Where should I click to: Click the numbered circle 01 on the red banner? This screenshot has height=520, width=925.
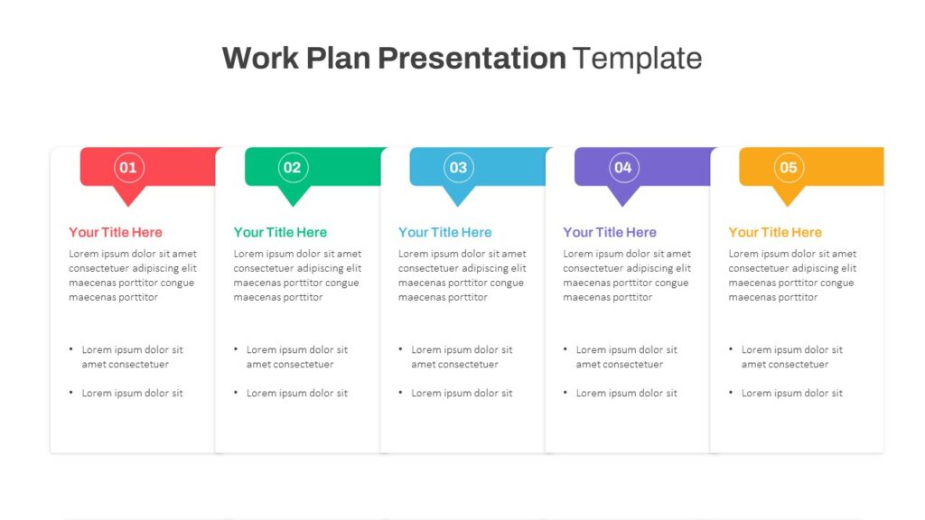pyautogui.click(x=128, y=167)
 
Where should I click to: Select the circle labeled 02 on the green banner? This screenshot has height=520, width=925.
pyautogui.click(x=293, y=167)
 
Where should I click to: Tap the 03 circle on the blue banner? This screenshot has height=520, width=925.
pyautogui.click(x=458, y=167)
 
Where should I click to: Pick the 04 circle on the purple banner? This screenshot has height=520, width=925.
pyautogui.click(x=623, y=167)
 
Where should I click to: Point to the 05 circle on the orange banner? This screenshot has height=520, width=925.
pyautogui.click(x=789, y=167)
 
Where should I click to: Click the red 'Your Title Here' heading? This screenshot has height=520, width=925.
pyautogui.click(x=116, y=232)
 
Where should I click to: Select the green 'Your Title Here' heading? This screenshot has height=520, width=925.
pyautogui.click(x=280, y=232)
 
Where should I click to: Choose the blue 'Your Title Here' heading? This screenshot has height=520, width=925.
pyautogui.click(x=445, y=232)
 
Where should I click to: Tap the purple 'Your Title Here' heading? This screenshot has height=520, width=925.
pyautogui.click(x=610, y=232)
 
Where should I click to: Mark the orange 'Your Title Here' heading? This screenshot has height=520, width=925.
pyautogui.click(x=775, y=232)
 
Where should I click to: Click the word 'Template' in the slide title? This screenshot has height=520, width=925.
pyautogui.click(x=637, y=58)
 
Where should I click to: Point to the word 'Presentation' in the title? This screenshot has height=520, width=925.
pyautogui.click(x=472, y=58)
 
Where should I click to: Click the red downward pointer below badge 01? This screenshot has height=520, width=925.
pyautogui.click(x=128, y=195)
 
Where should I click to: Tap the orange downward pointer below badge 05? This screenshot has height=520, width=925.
pyautogui.click(x=789, y=195)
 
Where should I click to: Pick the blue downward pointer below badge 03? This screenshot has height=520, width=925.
pyautogui.click(x=458, y=195)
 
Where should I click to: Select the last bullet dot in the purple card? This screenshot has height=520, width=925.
pyautogui.click(x=565, y=394)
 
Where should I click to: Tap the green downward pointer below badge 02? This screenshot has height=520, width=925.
pyautogui.click(x=293, y=195)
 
